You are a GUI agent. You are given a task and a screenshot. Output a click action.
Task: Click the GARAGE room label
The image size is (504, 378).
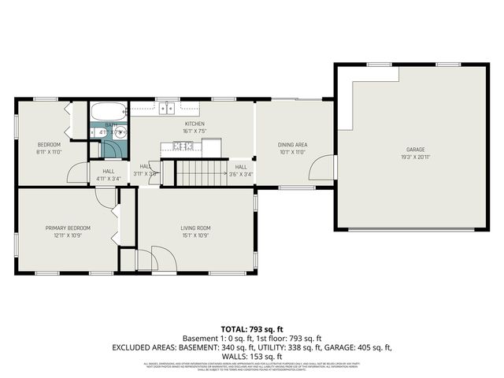(415, 149)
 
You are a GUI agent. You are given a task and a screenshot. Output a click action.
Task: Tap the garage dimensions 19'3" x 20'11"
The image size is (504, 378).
(415, 156)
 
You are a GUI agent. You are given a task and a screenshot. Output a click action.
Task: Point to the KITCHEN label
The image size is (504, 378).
(195, 124)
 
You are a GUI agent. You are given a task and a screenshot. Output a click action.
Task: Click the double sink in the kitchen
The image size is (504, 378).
(166, 109)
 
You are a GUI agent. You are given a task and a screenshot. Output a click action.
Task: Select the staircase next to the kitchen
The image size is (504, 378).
(200, 171)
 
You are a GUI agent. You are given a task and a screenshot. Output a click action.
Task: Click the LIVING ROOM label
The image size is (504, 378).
(195, 228)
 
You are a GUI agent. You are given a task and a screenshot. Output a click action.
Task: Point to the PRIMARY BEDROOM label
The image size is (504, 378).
(68, 228)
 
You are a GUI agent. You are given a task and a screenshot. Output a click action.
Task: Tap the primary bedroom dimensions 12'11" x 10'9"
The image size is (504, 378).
(68, 235)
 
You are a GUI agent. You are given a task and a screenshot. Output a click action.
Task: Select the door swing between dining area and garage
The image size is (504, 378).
(320, 167)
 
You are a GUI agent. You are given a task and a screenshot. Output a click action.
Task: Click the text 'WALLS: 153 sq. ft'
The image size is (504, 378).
(252, 356)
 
